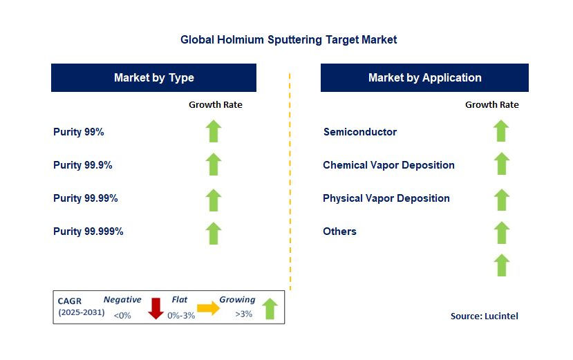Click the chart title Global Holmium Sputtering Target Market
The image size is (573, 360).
(288, 39)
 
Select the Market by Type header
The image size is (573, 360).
(153, 77)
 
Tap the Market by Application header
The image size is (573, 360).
(424, 77)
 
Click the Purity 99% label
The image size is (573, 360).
(78, 131)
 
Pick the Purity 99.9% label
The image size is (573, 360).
(82, 164)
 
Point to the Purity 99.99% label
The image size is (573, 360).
(85, 198)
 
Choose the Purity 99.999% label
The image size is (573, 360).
(88, 231)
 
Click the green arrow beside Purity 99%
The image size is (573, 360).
(214, 131)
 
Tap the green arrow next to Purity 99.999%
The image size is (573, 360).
(214, 233)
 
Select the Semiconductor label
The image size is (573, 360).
(359, 131)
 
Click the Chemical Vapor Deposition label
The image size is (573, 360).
(388, 164)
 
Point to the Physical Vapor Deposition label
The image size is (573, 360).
(386, 198)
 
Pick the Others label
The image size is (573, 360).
(339, 231)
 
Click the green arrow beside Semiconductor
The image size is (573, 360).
(501, 131)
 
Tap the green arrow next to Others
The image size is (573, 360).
(501, 233)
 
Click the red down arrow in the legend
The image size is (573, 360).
(156, 308)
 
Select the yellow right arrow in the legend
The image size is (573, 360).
(207, 308)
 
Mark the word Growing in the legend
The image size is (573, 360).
(237, 300)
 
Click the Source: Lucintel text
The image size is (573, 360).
(484, 316)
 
